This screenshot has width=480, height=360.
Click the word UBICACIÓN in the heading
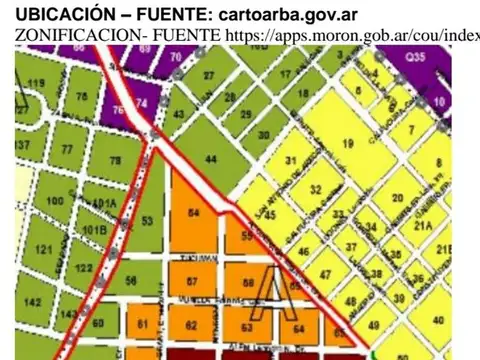click(50, 13)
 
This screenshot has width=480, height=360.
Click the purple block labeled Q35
click(430, 59)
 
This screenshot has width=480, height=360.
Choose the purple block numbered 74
click(142, 103)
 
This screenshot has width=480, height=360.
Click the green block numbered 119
click(38, 83)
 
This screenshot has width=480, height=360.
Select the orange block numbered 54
click(193, 215)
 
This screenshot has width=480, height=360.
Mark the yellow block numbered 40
click(441, 319)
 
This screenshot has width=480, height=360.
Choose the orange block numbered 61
click(142, 323)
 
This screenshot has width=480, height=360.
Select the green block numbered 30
click(263, 135)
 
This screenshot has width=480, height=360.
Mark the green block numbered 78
click(115, 160)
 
